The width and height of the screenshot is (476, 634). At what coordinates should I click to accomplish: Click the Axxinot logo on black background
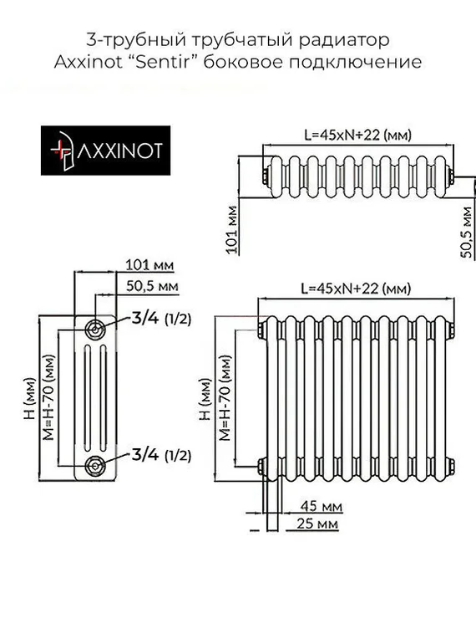tap(106, 151)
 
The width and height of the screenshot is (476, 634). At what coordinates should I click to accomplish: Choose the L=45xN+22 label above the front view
tap(357, 289)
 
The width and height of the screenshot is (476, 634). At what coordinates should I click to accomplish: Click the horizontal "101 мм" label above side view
tap(149, 265)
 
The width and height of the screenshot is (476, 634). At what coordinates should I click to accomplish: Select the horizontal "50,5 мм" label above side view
tap(151, 286)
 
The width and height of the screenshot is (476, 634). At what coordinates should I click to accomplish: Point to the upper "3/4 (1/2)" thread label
tap(161, 318)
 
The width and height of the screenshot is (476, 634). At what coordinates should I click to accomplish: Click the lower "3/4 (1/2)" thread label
tap(161, 455)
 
